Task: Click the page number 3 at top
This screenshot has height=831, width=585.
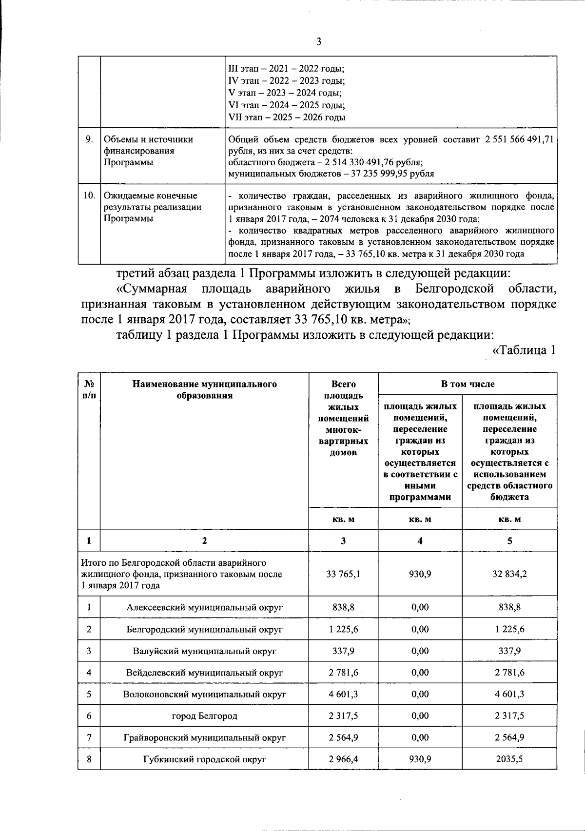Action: (x=319, y=42)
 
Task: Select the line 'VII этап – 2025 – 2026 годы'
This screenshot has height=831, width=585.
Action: (x=287, y=117)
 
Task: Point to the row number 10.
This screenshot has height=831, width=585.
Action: (x=89, y=195)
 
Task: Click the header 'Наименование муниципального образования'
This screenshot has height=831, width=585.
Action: (x=204, y=390)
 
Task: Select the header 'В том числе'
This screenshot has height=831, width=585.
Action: (x=468, y=384)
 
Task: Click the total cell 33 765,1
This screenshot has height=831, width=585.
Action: (x=343, y=574)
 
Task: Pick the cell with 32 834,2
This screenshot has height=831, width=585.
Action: (x=509, y=574)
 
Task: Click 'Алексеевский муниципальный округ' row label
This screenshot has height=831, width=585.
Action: (x=204, y=607)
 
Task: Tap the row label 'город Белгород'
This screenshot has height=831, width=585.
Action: (x=204, y=716)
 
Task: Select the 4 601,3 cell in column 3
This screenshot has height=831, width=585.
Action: (x=343, y=694)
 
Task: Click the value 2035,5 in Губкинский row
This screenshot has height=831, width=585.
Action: (x=509, y=759)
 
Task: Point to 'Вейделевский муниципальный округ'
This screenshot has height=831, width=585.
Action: (x=204, y=673)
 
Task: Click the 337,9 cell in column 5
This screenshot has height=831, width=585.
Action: (x=509, y=651)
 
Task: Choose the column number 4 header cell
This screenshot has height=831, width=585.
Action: (x=420, y=541)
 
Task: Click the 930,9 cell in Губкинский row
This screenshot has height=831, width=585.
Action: (x=420, y=759)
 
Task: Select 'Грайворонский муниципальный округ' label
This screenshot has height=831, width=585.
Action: (x=204, y=737)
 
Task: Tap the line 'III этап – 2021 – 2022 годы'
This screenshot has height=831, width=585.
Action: (x=286, y=70)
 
